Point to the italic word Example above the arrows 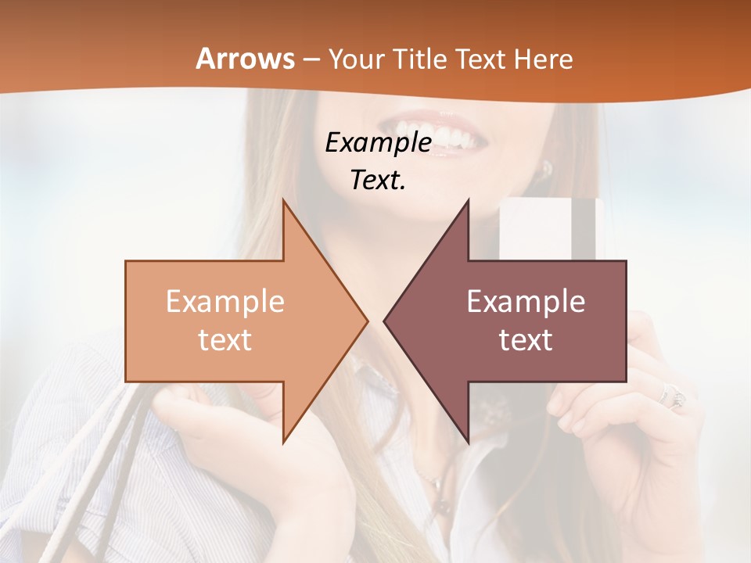[379, 143]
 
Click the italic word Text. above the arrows [379, 181]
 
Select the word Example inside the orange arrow [225, 302]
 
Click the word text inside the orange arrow [225, 340]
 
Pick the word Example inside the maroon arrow [526, 302]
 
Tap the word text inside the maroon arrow [526, 340]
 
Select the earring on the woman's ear [547, 168]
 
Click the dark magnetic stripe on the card [584, 228]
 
